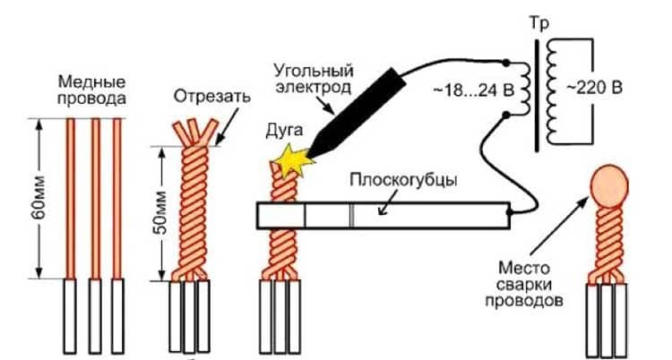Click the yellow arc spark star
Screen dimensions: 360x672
coord(289,161)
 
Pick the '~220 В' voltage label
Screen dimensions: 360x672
coord(598,88)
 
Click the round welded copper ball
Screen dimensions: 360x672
coord(610,184)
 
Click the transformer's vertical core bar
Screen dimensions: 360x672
coord(539,94)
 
